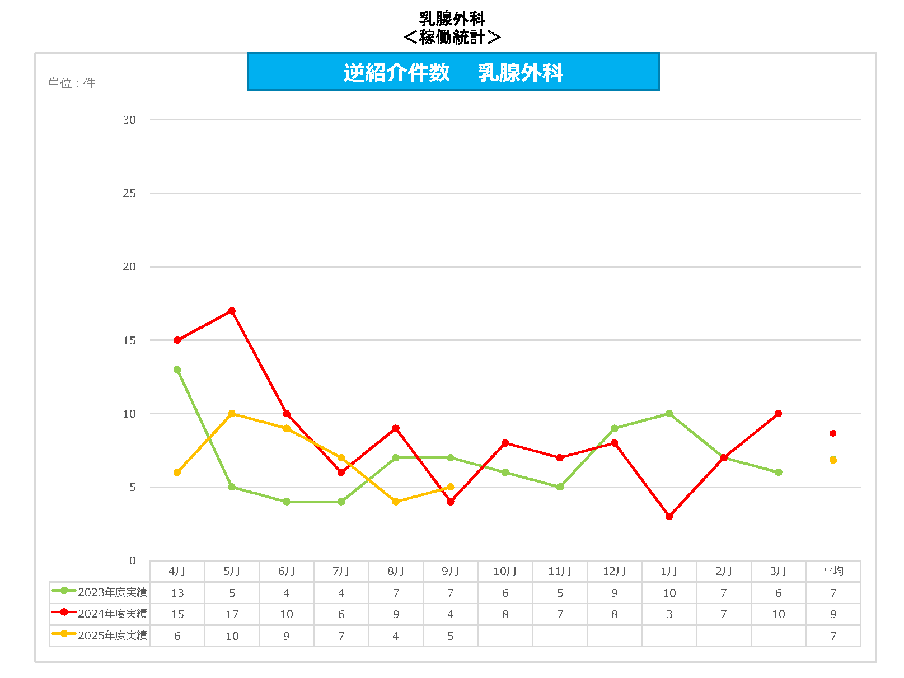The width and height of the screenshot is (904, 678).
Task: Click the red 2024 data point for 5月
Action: [x=232, y=311]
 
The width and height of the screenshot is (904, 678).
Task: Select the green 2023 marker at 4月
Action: [x=177, y=370]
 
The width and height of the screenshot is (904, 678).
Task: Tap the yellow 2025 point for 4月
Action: [x=177, y=473]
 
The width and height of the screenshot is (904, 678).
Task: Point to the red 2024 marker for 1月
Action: [x=669, y=516]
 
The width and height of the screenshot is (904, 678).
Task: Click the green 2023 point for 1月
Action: [x=669, y=414]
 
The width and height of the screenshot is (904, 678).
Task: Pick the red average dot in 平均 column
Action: [x=833, y=433]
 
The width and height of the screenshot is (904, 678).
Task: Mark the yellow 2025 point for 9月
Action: [x=451, y=487]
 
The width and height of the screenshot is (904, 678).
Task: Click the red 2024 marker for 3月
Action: [x=778, y=414]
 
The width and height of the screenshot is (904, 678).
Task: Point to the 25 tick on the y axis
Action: [x=129, y=193]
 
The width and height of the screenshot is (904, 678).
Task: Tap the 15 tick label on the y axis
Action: [x=129, y=340]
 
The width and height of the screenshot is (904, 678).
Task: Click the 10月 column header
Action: [x=505, y=571]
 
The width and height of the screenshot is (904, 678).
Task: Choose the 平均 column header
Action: [x=833, y=571]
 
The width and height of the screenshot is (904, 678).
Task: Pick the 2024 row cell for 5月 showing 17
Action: [x=232, y=614]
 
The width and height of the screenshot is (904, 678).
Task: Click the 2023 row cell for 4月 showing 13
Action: [x=177, y=593]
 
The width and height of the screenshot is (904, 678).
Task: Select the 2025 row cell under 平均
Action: [x=833, y=636]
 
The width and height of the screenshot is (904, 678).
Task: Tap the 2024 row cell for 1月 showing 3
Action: [x=669, y=614]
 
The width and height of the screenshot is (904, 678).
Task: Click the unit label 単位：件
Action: [x=72, y=83]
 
